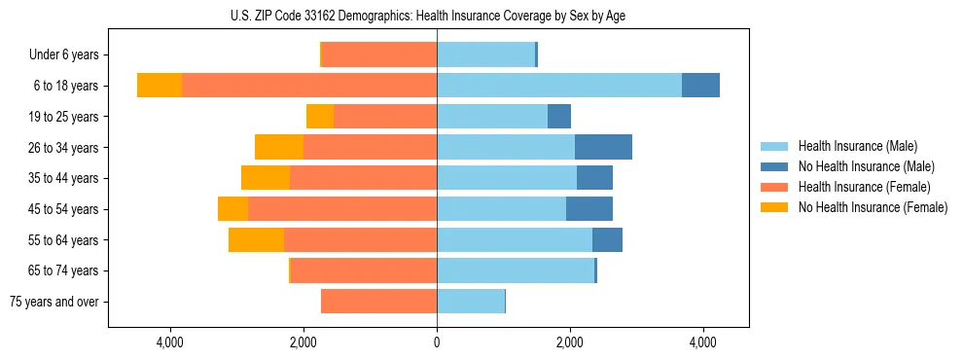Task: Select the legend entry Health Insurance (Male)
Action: pyautogui.click(x=857, y=146)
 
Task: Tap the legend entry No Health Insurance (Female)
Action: pyautogui.click(x=873, y=207)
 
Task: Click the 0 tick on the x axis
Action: pyautogui.click(x=437, y=342)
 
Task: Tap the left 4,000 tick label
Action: pyautogui.click(x=169, y=342)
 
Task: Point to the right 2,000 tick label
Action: pyautogui.click(x=570, y=342)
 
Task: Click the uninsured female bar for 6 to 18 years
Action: pyautogui.click(x=160, y=86)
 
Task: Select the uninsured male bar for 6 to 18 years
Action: pyautogui.click(x=700, y=86)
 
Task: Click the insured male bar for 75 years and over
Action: pyautogui.click(x=471, y=302)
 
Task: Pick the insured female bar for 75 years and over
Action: pyautogui.click(x=379, y=302)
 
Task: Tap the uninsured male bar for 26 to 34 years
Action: pyautogui.click(x=603, y=147)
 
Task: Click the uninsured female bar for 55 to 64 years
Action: pyautogui.click(x=256, y=239)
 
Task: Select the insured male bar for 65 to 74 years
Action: pyautogui.click(x=516, y=270)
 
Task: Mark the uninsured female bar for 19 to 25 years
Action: pyautogui.click(x=320, y=117)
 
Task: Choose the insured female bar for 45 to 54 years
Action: pyautogui.click(x=342, y=209)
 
